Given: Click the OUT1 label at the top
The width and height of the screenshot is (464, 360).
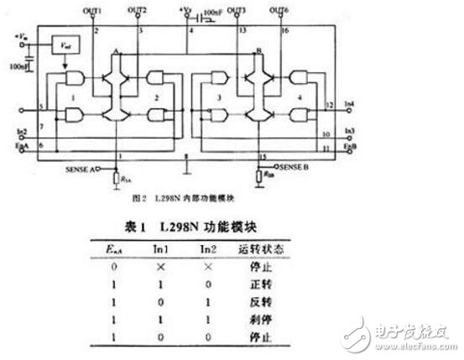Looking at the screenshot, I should (93, 10).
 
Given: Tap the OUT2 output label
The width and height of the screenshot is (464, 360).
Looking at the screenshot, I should (138, 10).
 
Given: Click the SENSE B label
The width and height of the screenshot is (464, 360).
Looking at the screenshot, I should (299, 168).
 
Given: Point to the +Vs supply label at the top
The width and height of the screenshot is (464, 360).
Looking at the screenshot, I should (186, 11).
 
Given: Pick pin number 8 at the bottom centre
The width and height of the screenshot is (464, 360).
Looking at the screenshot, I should (186, 157).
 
